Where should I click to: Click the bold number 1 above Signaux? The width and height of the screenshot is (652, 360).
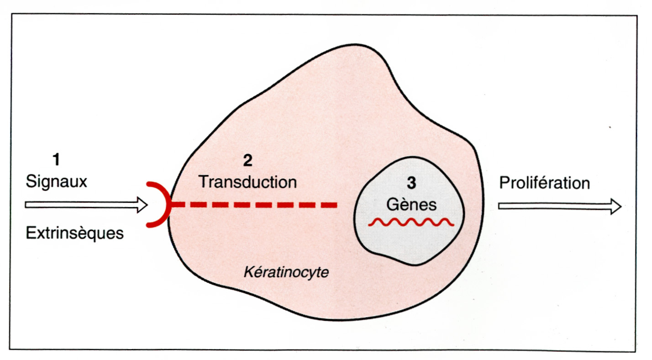[57, 159]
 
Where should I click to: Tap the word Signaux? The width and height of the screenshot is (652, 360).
[57, 182]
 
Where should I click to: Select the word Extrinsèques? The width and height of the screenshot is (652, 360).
[75, 233]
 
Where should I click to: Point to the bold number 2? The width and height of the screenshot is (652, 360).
[248, 160]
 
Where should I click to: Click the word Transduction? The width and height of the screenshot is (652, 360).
[248, 182]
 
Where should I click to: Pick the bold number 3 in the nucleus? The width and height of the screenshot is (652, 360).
[411, 183]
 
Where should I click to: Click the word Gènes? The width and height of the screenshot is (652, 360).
[411, 205]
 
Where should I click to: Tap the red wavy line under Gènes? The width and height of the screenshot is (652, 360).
[411, 222]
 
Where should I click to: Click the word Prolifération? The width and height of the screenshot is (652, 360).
[545, 183]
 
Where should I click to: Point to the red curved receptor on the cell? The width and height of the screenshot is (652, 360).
[159, 205]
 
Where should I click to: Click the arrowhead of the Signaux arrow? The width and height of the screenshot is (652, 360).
[142, 205]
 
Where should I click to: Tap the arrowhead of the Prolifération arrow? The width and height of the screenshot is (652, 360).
[616, 206]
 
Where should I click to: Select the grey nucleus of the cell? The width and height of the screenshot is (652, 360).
[409, 211]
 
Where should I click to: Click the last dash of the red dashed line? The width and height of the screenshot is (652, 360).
[329, 205]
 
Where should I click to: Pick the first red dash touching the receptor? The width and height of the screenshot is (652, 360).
[178, 205]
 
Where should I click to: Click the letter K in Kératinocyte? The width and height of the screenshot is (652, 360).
[249, 272]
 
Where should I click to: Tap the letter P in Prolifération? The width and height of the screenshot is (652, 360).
[505, 183]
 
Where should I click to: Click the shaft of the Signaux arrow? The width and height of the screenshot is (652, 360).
[81, 205]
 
